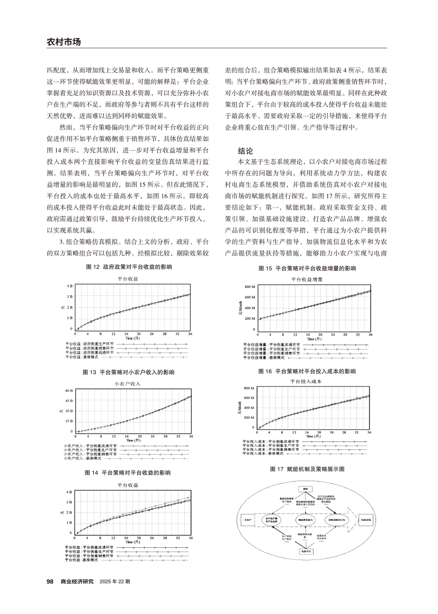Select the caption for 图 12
(x=129, y=268)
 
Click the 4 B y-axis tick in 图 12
(x=70, y=286)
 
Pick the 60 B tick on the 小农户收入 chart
(x=69, y=391)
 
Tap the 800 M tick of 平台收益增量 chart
(x=251, y=287)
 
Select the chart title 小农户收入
(x=127, y=383)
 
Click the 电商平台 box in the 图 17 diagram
(x=306, y=551)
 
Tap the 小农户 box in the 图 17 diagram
(x=247, y=520)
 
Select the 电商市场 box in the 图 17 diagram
(x=365, y=520)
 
